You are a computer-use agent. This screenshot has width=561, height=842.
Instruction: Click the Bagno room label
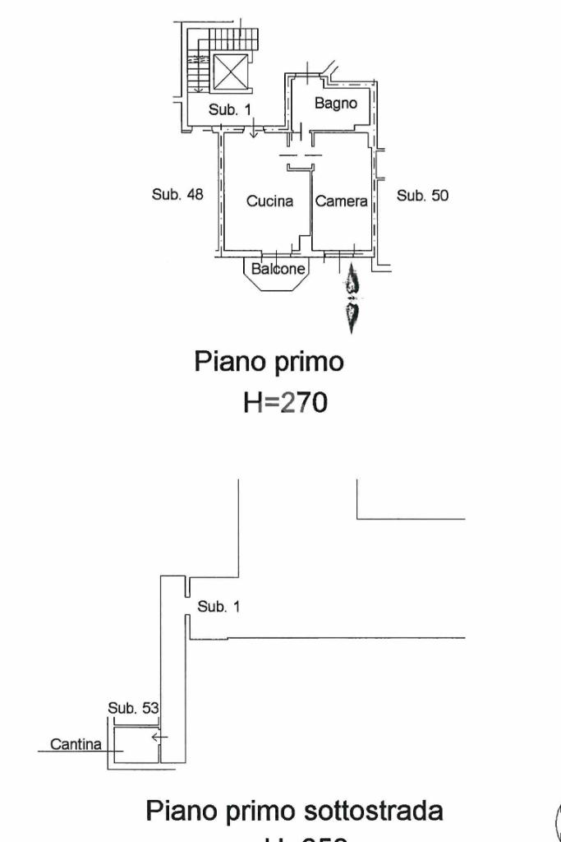pos(335,104)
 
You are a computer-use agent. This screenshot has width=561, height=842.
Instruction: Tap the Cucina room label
pos(270,201)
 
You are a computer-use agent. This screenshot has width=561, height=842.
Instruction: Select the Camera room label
pos(341,201)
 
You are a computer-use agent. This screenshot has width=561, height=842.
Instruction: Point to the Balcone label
pos(278,269)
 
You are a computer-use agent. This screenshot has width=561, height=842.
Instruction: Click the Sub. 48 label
pos(177,195)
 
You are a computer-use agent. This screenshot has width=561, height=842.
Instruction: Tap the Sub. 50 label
pos(422,195)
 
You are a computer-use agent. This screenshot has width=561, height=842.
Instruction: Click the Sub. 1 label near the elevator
pos(229,109)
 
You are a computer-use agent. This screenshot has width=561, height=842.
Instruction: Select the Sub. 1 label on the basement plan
pos(218,607)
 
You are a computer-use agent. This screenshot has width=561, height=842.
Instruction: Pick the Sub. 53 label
pos(133,707)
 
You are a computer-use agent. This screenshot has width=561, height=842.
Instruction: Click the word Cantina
pos(76,745)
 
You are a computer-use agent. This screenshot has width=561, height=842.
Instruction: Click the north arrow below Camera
pos(352,300)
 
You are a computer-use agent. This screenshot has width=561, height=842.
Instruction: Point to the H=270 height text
pos(285,402)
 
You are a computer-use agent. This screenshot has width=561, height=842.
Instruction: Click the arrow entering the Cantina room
pos(159,738)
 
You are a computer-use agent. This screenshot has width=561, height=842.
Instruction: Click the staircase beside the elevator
pos(197,70)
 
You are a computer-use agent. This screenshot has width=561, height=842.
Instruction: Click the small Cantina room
pos(132,744)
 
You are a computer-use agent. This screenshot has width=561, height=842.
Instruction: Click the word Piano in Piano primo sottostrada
pos(180,811)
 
